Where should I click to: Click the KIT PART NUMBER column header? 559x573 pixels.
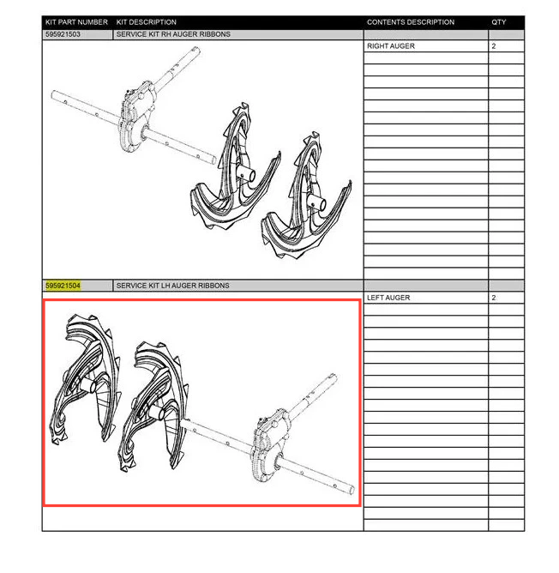point(76,22)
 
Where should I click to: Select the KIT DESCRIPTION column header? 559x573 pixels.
point(146,22)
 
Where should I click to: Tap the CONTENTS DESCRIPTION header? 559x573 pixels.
point(411,22)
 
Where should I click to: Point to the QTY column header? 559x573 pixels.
point(499,22)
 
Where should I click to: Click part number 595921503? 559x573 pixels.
point(63,34)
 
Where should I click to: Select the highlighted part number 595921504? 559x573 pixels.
point(63,286)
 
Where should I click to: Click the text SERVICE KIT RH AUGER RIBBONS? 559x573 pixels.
point(173,34)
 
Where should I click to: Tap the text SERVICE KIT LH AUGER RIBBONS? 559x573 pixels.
point(173,286)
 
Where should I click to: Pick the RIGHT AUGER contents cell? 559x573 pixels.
point(391,46)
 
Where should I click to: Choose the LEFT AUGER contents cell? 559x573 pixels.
point(388,298)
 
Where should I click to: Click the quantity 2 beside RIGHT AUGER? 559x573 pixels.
point(494,46)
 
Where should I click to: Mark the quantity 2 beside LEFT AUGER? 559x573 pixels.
point(494,298)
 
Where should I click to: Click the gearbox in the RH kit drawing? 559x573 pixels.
point(135,117)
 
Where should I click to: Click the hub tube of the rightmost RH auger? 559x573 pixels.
point(316,202)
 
